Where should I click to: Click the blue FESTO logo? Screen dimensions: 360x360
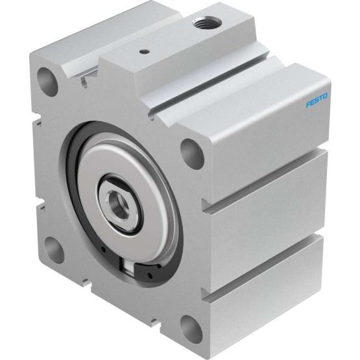pos(317,100)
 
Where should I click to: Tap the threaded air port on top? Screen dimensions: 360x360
pos(207,22)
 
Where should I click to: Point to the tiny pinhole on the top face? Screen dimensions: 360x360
pos(144,53)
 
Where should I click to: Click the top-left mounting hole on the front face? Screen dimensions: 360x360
pos(47,82)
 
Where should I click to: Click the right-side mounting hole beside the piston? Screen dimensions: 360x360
pos(193,153)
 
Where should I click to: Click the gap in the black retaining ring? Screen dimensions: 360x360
pos(127,267)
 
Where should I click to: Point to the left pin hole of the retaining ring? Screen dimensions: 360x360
pos(104,250)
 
